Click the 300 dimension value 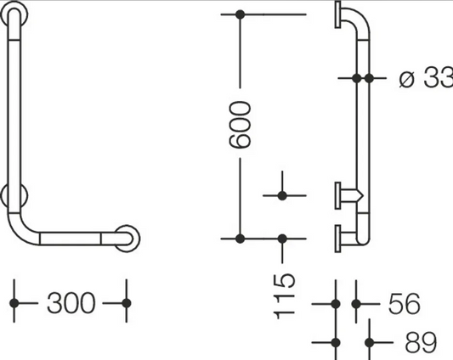click(x=71, y=303)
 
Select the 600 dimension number click(x=240, y=125)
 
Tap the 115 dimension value click(x=284, y=296)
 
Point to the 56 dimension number click(x=405, y=303)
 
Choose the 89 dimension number click(x=421, y=342)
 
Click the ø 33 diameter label click(x=426, y=77)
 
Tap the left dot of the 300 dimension click(x=14, y=303)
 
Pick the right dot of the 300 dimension click(x=127, y=303)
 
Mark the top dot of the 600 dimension click(x=240, y=14)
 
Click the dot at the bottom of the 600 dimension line click(x=240, y=239)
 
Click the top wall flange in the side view click(x=337, y=14)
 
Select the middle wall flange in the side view click(x=337, y=195)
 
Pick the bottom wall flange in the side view click(x=337, y=239)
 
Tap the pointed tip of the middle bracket click(x=363, y=195)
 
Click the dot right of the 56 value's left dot click(x=356, y=304)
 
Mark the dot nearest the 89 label click(x=369, y=343)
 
